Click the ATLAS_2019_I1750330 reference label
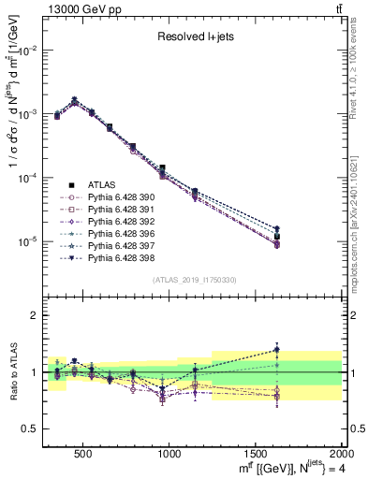195,280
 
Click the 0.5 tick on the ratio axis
32,428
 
